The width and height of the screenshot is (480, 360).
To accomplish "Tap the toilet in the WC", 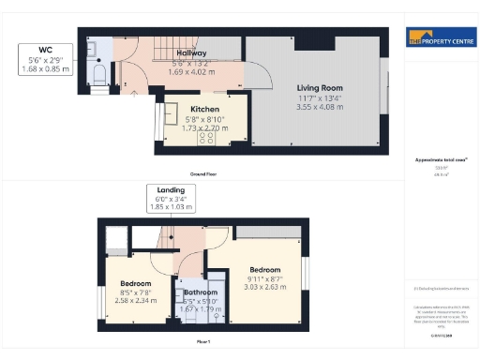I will (100, 71).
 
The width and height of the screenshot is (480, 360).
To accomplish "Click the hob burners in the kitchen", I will (207, 137).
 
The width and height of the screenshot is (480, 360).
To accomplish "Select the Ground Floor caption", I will (204, 174).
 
